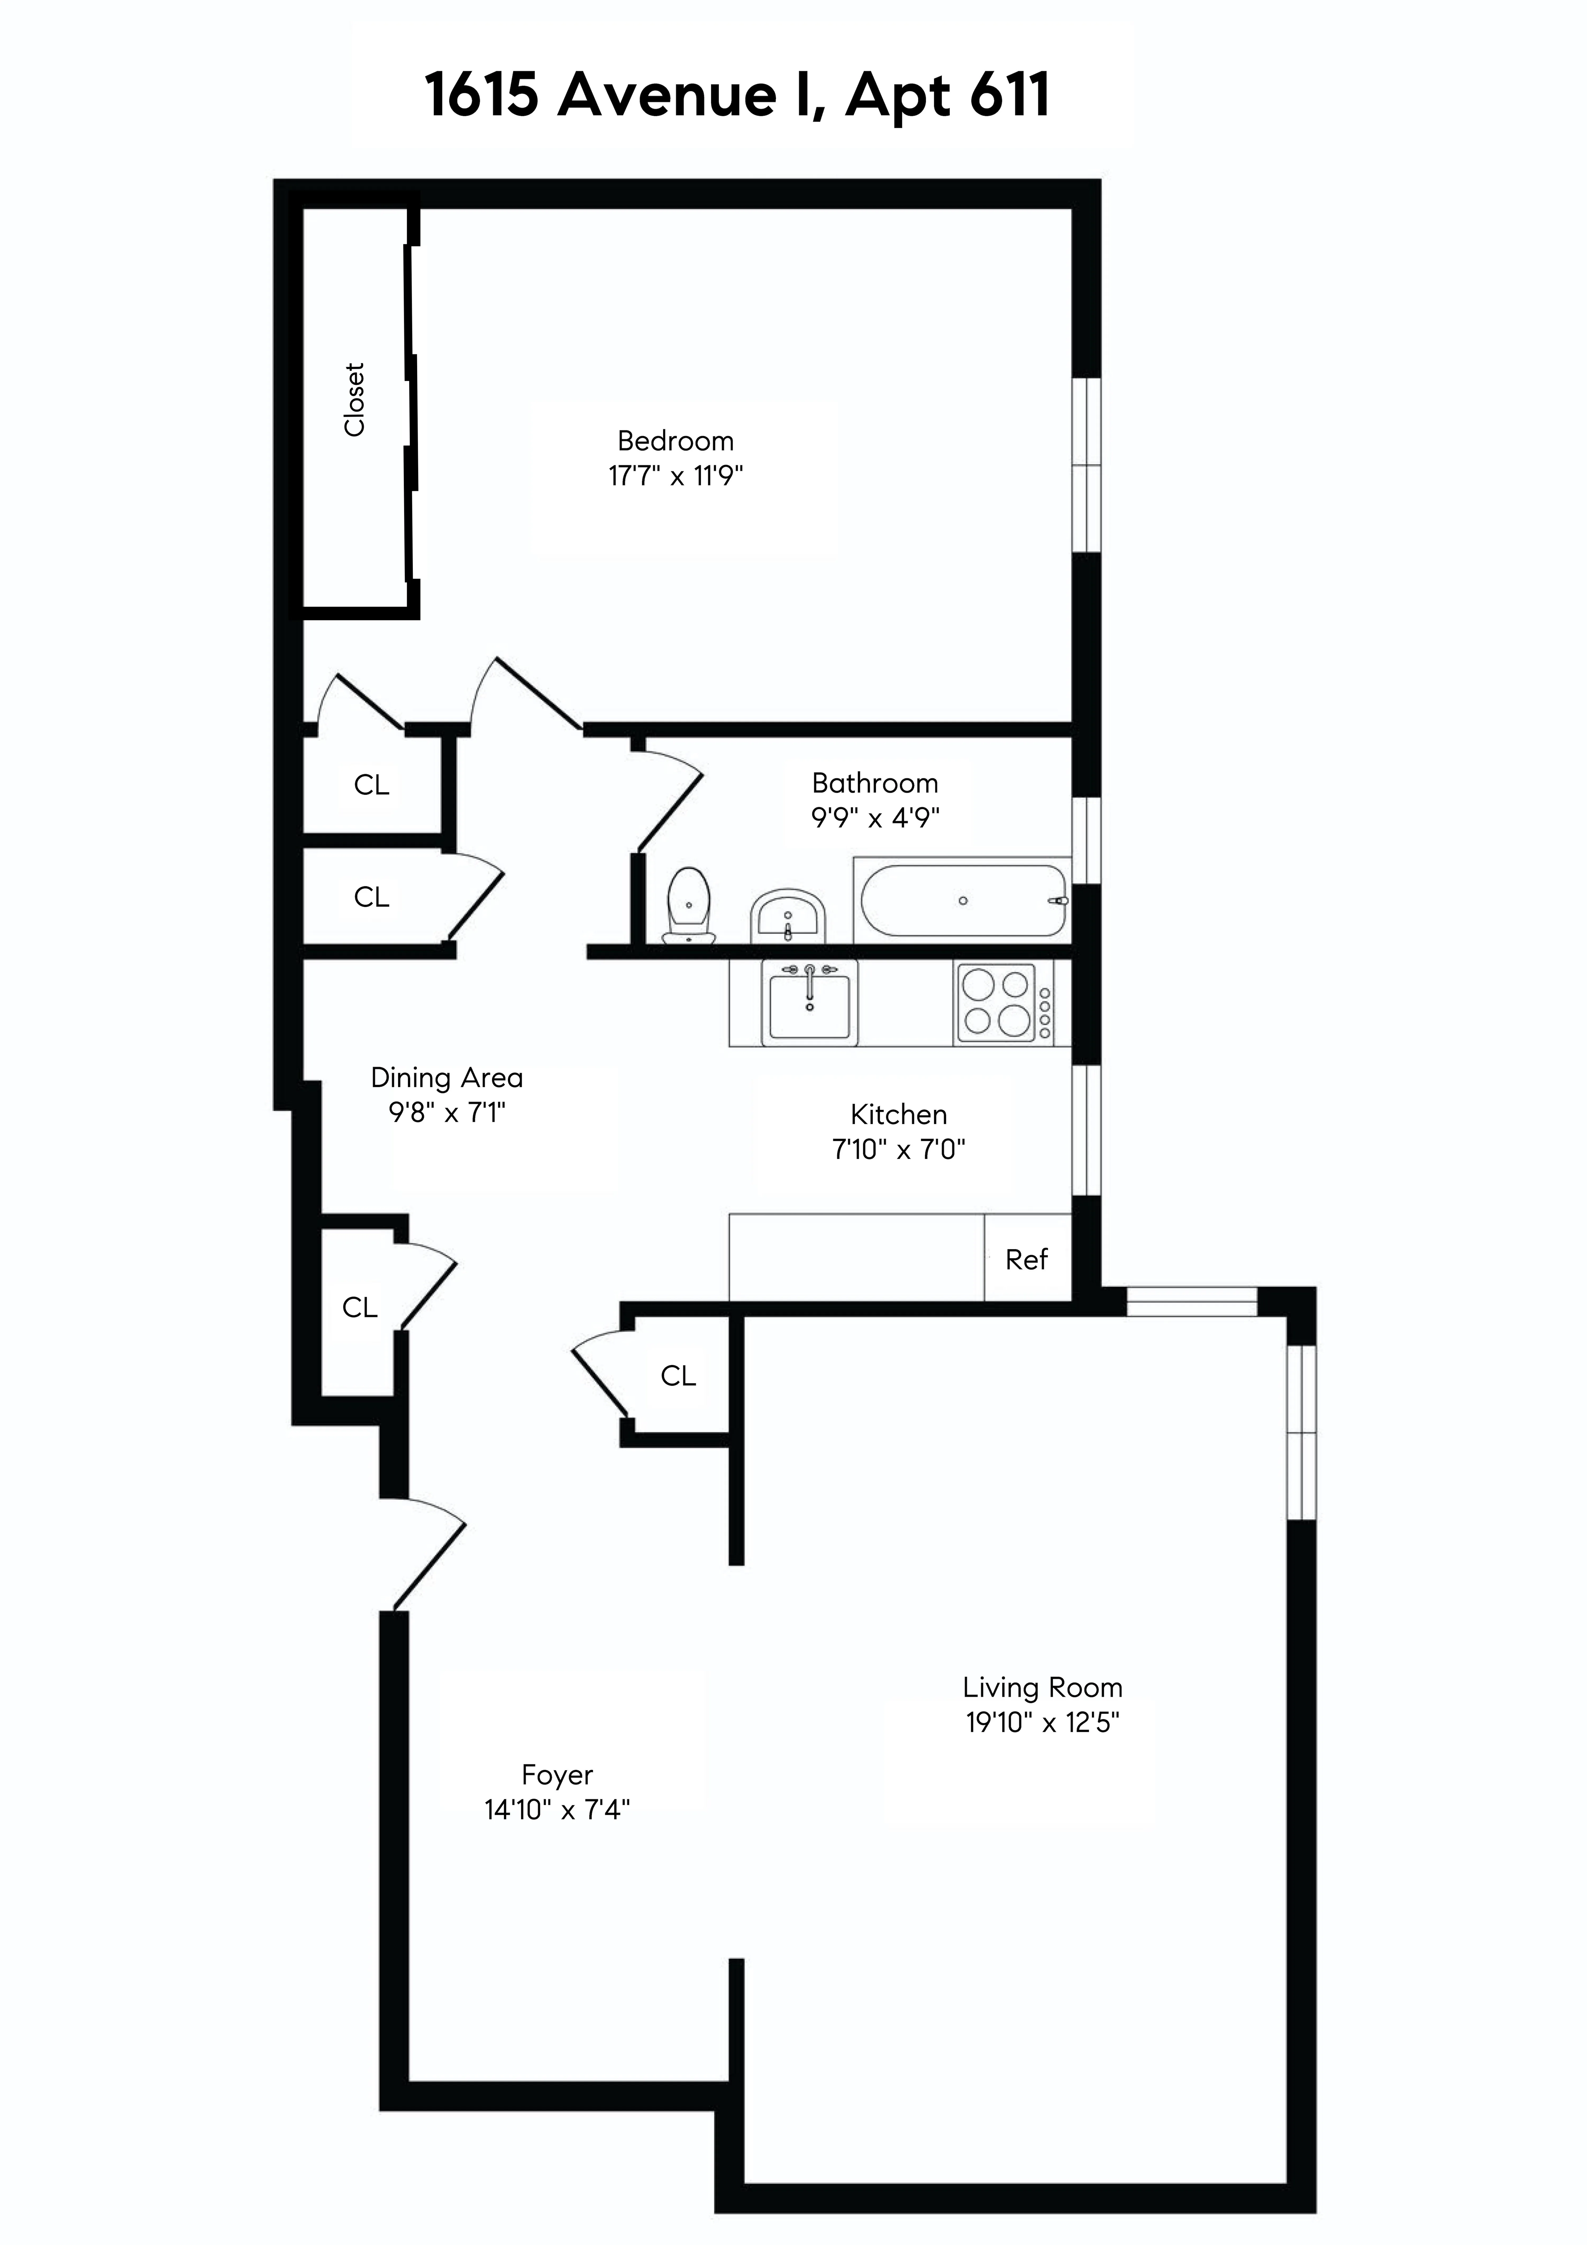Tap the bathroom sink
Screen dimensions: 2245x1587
tap(788, 917)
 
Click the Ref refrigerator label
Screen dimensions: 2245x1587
tap(1026, 1259)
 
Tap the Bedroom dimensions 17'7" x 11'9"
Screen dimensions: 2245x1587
tap(675, 476)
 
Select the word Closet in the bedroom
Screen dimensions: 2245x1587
tap(354, 400)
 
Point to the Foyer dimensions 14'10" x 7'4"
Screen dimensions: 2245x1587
tap(557, 1810)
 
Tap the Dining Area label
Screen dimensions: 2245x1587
tap(447, 1078)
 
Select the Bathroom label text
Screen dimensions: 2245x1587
tap(874, 783)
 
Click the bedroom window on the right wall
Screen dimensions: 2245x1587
tap(1086, 465)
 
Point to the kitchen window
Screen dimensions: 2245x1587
tap(1086, 1129)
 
